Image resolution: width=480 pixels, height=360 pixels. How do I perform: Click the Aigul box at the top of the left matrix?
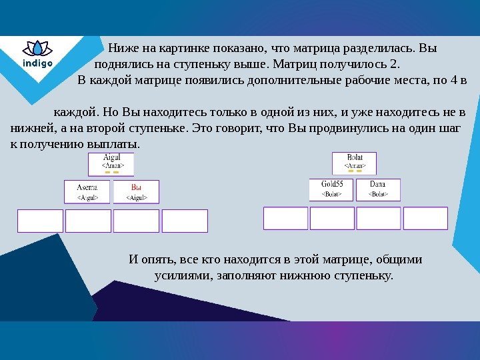(111, 163)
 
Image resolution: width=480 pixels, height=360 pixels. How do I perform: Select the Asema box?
(88, 191)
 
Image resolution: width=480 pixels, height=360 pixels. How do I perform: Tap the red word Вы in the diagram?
(136, 187)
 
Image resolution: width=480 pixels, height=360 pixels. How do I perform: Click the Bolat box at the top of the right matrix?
(354, 163)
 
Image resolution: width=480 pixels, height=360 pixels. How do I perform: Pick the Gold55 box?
(331, 189)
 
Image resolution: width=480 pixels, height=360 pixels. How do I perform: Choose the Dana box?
(378, 189)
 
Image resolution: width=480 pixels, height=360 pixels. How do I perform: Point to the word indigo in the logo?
(37, 64)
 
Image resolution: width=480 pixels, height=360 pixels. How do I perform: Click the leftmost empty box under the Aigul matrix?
(40, 221)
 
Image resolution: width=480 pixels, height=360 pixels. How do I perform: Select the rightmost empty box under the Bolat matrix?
(425, 218)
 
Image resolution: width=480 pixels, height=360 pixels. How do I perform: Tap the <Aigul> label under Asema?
(88, 197)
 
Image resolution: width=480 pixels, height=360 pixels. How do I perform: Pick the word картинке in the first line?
(180, 48)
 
